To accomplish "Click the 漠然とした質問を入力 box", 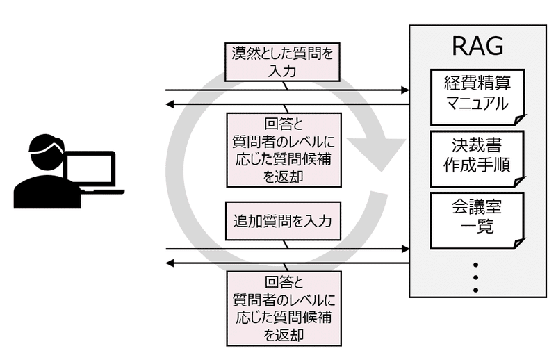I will [282, 61].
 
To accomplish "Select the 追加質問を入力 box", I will [282, 222].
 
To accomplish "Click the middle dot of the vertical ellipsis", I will [477, 277].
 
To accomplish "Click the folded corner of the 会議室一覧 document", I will [518, 243].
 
